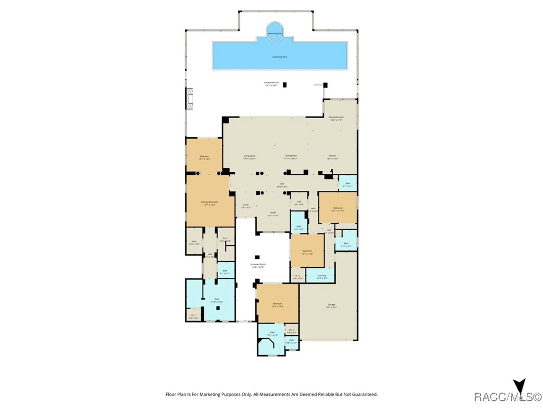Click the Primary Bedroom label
coord(209,202)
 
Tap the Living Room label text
coord(249,156)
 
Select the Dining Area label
coord(291,156)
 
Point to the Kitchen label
coord(332,156)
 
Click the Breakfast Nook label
coord(336,117)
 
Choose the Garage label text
coord(331,305)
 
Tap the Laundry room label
coord(322,276)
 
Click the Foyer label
coord(246,205)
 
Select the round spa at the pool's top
coord(275,31)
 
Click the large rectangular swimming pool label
coord(280,57)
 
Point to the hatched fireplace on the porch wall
coord(190,99)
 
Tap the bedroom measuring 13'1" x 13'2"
coord(204,156)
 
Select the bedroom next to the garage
coord(277,304)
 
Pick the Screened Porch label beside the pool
coord(271,82)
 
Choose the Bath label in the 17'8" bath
coord(217,299)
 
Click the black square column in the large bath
coord(218,308)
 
